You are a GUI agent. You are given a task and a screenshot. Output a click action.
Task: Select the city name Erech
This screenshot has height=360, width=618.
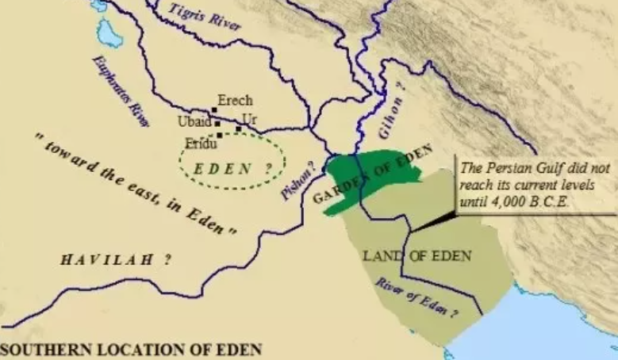[235, 101]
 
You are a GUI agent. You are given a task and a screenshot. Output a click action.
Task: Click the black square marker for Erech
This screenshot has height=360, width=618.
[213, 111]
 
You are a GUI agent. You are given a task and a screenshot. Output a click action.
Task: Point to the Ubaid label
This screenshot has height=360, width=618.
[194, 122]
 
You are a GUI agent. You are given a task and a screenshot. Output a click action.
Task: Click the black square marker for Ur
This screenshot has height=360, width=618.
[238, 128]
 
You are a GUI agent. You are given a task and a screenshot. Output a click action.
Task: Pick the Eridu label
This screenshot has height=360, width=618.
[201, 143]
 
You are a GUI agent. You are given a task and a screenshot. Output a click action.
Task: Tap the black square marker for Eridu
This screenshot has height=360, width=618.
[220, 136]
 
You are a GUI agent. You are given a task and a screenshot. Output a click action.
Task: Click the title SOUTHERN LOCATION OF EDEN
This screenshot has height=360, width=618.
[131, 349]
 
